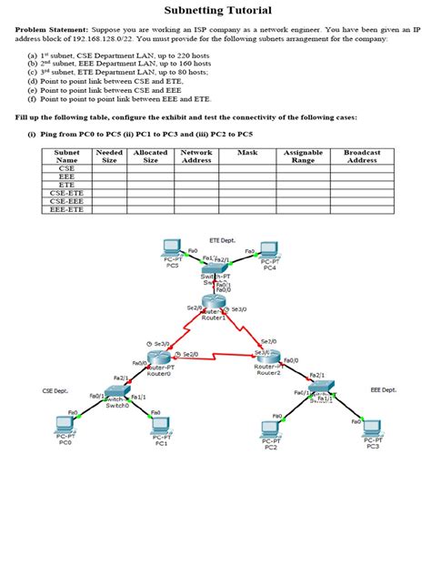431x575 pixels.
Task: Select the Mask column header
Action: coord(247,152)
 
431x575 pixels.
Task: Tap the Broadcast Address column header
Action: coord(362,156)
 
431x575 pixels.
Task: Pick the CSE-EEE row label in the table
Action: coord(66,201)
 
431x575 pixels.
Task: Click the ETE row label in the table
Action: coord(66,185)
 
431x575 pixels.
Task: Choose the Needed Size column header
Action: coord(109,156)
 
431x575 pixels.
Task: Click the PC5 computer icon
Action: coord(171,248)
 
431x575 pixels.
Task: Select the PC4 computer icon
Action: coord(268,251)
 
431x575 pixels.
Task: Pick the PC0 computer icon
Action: coord(65,425)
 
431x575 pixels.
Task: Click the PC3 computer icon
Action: coord(372,426)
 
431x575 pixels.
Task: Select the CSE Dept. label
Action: coord(55,390)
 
